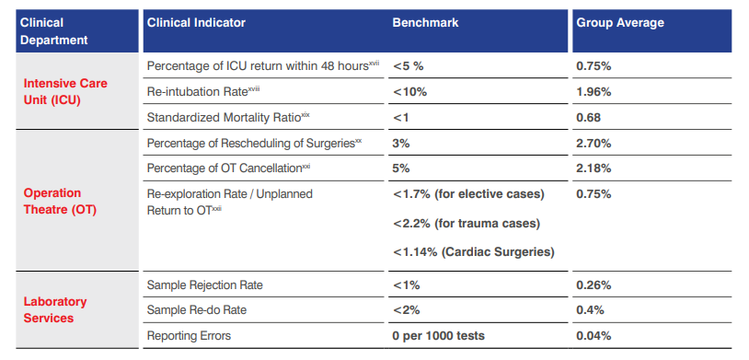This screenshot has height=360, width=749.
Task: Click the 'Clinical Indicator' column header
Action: pos(196,22)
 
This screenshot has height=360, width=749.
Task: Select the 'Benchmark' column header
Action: pos(425,22)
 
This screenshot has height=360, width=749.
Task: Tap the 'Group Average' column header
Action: pos(619,22)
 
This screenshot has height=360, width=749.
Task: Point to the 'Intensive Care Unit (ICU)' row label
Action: pos(65,91)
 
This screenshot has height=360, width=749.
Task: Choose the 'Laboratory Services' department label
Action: pos(55,309)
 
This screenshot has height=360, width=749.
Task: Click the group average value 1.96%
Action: pos(593,91)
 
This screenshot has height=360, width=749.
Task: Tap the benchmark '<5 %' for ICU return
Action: pos(408,66)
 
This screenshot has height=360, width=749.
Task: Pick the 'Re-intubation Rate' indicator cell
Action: pos(197,91)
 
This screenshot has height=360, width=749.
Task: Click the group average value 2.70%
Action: pos(593,144)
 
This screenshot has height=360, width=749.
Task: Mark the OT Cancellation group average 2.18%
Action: pos(593,168)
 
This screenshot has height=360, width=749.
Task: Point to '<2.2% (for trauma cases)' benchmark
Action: pos(466,223)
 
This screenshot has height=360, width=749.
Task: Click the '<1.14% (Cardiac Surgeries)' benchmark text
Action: pos(474,251)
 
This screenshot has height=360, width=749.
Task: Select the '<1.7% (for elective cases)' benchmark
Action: pos(468,194)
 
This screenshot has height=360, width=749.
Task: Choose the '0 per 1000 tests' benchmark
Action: pos(439,336)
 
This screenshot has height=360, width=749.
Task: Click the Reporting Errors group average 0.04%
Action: pos(593,336)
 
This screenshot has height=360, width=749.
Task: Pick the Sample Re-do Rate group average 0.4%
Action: pos(590,310)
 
